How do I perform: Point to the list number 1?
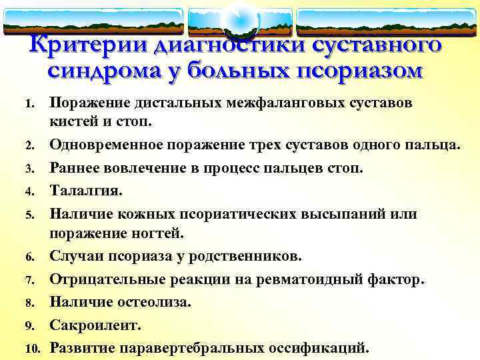click(x=29, y=104)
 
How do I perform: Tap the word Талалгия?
click(x=87, y=191)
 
